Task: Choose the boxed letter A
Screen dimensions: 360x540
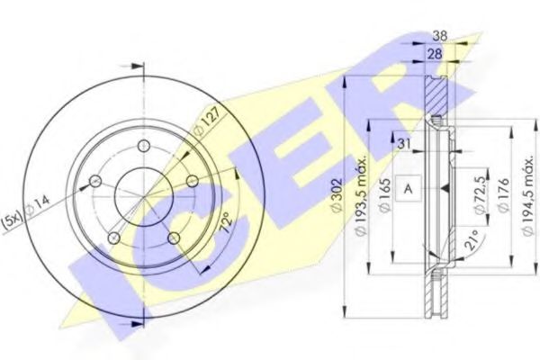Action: [409, 189]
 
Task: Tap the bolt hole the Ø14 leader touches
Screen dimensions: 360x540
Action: [94, 184]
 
